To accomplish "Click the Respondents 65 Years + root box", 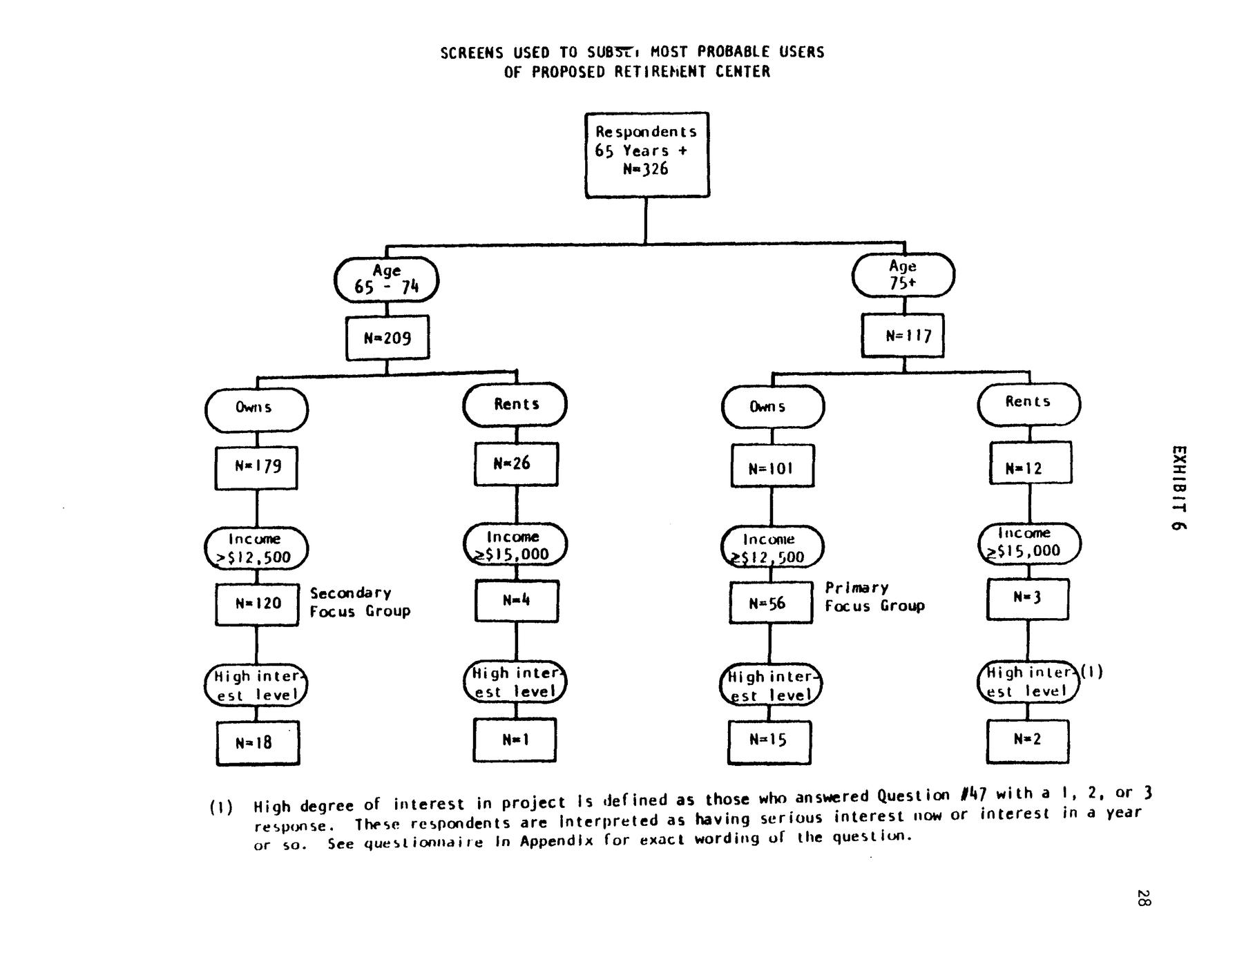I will coord(647,155).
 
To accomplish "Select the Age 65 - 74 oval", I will coord(386,280).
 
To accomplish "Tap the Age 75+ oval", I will coord(903,275).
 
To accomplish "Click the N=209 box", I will coord(387,338).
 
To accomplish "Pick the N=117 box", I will coord(903,336).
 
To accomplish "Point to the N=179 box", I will coord(256,468).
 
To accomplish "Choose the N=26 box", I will coord(516,463).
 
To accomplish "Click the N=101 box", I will coord(772,467).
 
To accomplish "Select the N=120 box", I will coord(257,604).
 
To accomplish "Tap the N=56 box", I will coord(771,603).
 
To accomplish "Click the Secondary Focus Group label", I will coord(359,602).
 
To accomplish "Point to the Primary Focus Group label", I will coord(874,597).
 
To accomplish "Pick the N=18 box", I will coord(258,743).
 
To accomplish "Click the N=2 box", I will coord(1027,740).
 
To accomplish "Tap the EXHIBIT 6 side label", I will coord(1179,488).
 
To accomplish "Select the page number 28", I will coord(1143,898).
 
